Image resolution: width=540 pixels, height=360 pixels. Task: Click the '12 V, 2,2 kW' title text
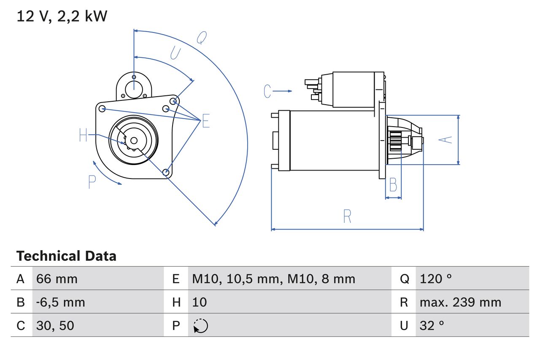pyautogui.click(x=62, y=16)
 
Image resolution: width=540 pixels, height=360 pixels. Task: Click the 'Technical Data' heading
pyautogui.click(x=66, y=256)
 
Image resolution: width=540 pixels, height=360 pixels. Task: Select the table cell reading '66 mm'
pyautogui.click(x=57, y=279)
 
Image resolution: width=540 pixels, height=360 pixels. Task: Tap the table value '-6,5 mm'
pyautogui.click(x=61, y=302)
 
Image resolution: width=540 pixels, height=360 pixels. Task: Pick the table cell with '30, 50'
pyautogui.click(x=55, y=325)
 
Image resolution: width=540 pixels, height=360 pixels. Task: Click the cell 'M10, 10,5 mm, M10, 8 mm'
pyautogui.click(x=273, y=279)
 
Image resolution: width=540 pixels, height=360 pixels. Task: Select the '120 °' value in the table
pyautogui.click(x=436, y=279)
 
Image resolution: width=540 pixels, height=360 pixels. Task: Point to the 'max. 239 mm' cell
pyautogui.click(x=460, y=302)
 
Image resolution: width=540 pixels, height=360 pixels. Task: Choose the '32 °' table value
pyautogui.click(x=432, y=325)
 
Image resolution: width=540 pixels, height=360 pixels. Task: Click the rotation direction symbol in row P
pyautogui.click(x=200, y=326)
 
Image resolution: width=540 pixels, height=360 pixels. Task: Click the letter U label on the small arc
pyautogui.click(x=175, y=53)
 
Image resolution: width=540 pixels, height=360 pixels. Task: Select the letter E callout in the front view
pyautogui.click(x=205, y=121)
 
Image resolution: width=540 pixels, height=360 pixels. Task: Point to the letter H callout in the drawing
pyautogui.click(x=83, y=135)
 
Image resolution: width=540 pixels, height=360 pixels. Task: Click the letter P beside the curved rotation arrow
pyautogui.click(x=92, y=182)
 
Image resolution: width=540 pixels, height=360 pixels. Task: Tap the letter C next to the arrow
pyautogui.click(x=267, y=91)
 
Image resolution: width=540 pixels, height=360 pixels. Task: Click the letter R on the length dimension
pyautogui.click(x=347, y=217)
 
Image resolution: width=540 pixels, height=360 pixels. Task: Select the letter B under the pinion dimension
pyautogui.click(x=393, y=185)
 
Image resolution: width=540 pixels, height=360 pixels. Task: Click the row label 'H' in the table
pyautogui.click(x=176, y=302)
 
